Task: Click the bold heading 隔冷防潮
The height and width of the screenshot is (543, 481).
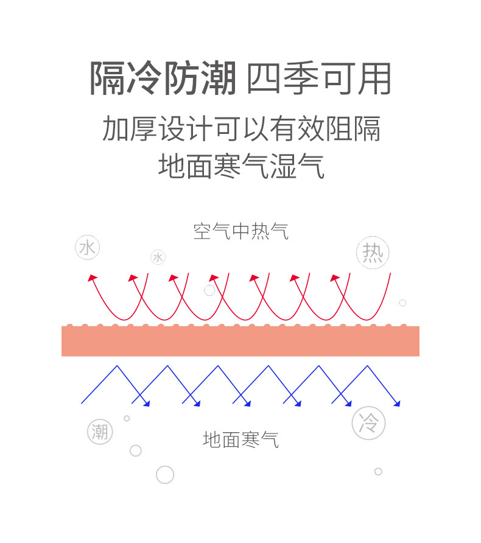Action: [x=163, y=79]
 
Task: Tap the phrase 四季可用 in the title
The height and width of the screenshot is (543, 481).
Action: [x=318, y=79]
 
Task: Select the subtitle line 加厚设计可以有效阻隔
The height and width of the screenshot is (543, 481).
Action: [x=241, y=129]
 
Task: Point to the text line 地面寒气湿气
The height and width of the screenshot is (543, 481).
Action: [x=241, y=165]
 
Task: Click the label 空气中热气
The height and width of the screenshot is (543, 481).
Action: [x=241, y=231]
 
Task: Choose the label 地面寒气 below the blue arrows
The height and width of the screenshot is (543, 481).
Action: [x=241, y=439]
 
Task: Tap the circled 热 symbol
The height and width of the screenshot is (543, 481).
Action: [x=373, y=253]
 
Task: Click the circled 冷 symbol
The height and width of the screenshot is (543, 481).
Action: [x=368, y=422]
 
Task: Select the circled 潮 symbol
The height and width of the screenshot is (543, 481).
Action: [x=100, y=432]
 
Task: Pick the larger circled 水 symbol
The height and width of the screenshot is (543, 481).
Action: [x=87, y=248]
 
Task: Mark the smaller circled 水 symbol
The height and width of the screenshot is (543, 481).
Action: [x=158, y=257]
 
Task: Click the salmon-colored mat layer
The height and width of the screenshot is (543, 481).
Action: [x=240, y=341]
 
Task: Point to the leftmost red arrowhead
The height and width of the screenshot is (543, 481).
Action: [x=93, y=278]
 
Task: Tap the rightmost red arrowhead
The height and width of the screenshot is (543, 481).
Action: [x=335, y=278]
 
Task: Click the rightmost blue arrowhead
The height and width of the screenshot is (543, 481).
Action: [x=397, y=402]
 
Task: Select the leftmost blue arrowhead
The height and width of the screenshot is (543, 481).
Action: [x=146, y=402]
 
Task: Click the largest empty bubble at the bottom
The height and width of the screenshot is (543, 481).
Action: [x=165, y=474]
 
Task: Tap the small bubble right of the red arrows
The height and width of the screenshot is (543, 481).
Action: [x=402, y=303]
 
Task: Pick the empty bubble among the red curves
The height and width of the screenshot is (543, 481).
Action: [x=209, y=290]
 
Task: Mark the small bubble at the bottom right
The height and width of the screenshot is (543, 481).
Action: [x=378, y=471]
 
